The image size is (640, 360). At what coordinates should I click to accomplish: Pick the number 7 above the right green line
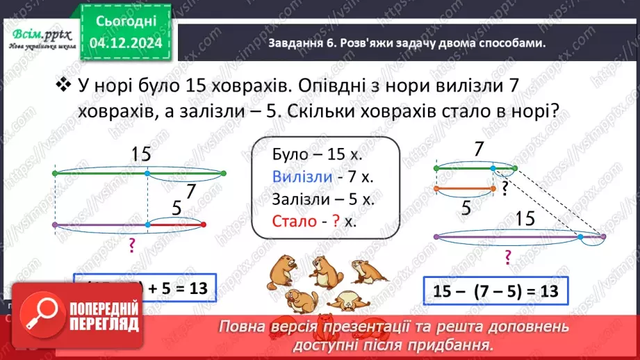[x=477, y=148]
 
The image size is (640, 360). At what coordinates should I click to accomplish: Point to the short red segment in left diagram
[x=177, y=224]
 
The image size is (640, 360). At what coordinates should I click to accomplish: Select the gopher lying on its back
[x=345, y=300]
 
